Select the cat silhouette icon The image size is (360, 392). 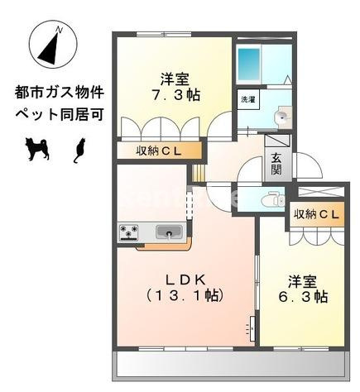[80, 149]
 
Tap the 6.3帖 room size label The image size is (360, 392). [308, 295]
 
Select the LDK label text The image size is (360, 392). [185, 278]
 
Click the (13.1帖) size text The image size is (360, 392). [185, 295]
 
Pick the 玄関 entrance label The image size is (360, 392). [276, 165]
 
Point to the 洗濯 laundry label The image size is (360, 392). [247, 100]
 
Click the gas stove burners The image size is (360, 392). [131, 232]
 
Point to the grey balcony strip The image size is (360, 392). [228, 365]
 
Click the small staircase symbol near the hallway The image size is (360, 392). [199, 173]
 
